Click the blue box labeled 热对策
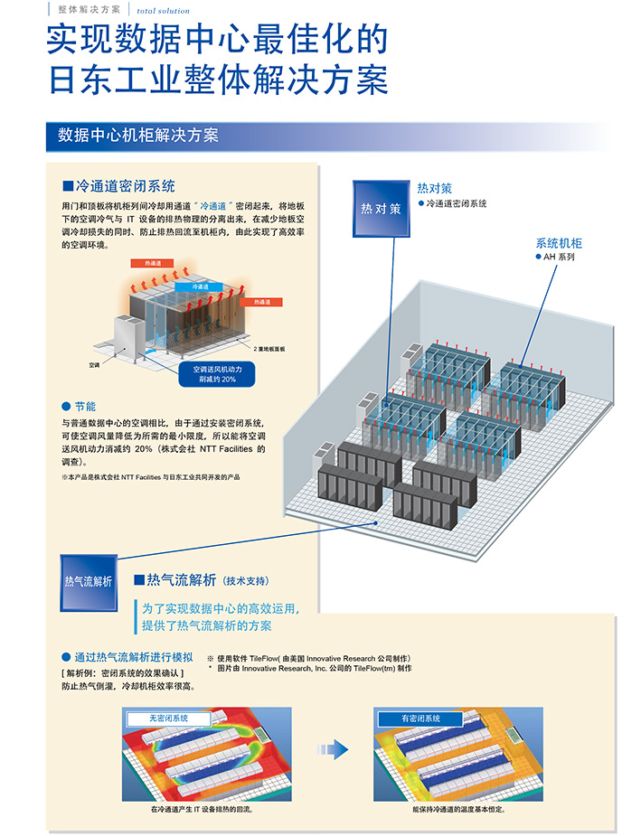point(381,209)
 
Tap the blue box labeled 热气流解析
point(89,580)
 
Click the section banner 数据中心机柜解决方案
point(137,136)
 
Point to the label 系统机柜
point(559,243)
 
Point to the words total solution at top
point(164,11)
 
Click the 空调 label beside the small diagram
point(94,365)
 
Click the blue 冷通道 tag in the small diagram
point(199,286)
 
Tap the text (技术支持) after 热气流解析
point(245,580)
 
